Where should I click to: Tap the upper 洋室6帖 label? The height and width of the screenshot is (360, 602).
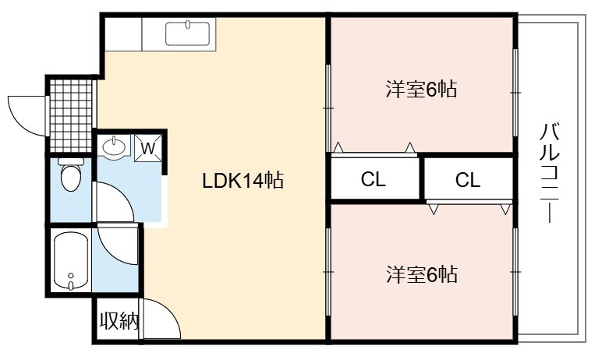[420, 89]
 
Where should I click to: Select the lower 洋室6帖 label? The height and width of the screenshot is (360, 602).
[421, 274]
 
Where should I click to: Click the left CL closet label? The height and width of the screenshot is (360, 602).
[374, 180]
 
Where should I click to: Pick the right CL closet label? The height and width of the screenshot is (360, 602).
[468, 180]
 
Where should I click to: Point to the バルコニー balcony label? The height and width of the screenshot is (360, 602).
[548, 171]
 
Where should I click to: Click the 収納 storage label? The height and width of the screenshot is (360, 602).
[119, 321]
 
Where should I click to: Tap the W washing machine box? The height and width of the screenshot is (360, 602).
[148, 146]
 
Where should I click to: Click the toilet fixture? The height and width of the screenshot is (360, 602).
[71, 176]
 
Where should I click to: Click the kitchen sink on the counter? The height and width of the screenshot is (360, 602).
[188, 34]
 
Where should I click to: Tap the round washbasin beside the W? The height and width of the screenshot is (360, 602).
[115, 146]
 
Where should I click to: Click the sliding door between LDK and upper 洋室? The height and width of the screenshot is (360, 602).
[328, 101]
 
